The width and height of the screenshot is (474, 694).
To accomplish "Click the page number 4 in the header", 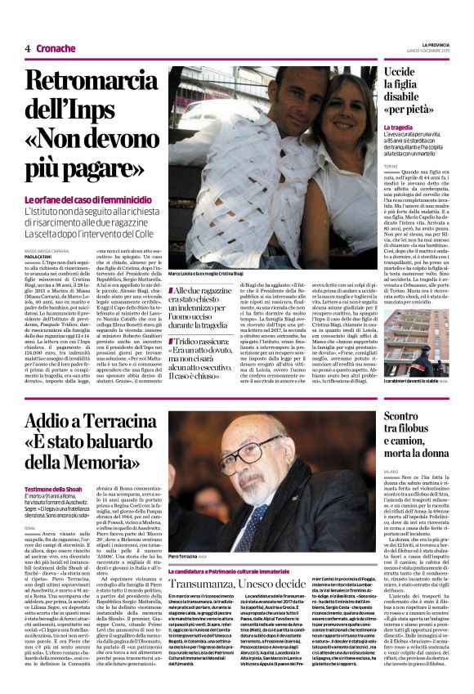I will [28, 47].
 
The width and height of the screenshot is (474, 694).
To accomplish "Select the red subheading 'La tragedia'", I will [399, 128].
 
